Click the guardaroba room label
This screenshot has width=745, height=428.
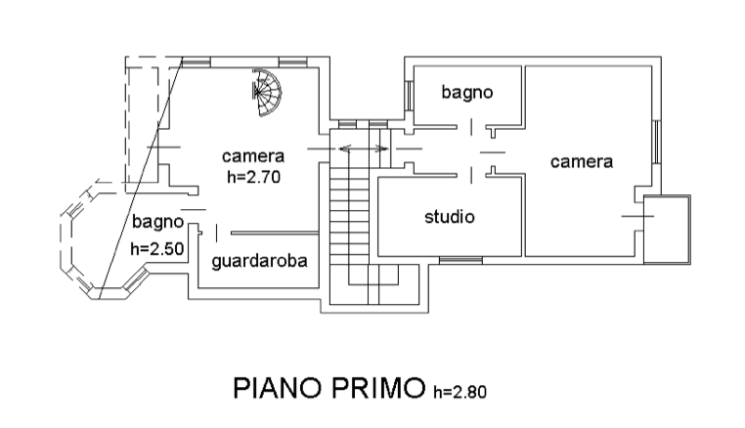click(260, 262)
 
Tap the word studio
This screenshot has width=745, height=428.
click(450, 217)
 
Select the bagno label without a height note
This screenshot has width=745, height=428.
click(465, 94)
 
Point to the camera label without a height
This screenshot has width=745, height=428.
click(581, 162)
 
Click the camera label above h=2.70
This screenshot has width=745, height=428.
click(252, 157)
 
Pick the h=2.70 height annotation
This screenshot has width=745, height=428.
click(253, 177)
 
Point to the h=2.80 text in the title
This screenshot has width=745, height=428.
click(459, 393)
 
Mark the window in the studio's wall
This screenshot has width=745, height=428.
click(459, 259)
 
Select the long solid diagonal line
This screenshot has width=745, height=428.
click(143, 176)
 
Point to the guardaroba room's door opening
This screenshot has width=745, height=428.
click(208, 235)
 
